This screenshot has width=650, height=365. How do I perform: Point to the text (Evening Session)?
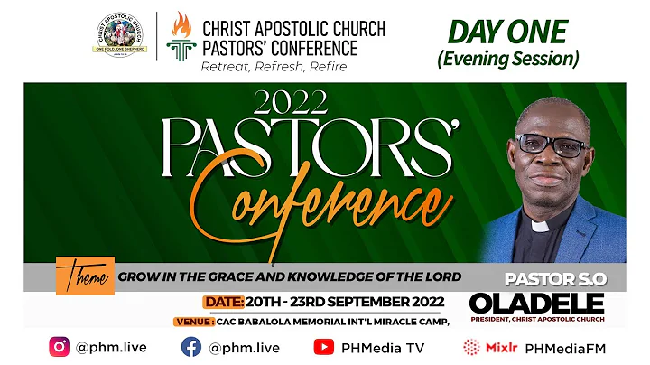(x=507, y=58)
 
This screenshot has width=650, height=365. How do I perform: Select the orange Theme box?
(x=85, y=276)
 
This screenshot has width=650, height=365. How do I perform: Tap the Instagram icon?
(x=60, y=346)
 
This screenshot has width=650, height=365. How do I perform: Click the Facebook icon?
(x=191, y=346)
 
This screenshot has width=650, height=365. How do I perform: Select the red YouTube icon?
(x=322, y=346)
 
